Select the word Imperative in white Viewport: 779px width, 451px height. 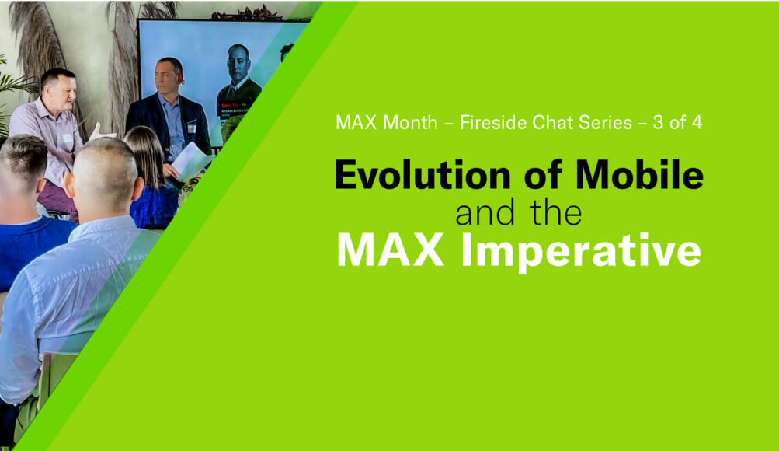(x=581, y=251)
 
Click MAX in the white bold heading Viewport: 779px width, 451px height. (x=390, y=250)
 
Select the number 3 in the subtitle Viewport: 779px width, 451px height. (x=659, y=122)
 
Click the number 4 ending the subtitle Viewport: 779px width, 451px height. (x=697, y=122)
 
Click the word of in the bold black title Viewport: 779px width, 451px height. (x=543, y=174)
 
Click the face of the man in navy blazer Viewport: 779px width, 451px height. (x=165, y=79)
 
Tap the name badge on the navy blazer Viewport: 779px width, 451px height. (x=192, y=128)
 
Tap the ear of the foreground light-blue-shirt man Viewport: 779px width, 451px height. (x=70, y=184)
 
